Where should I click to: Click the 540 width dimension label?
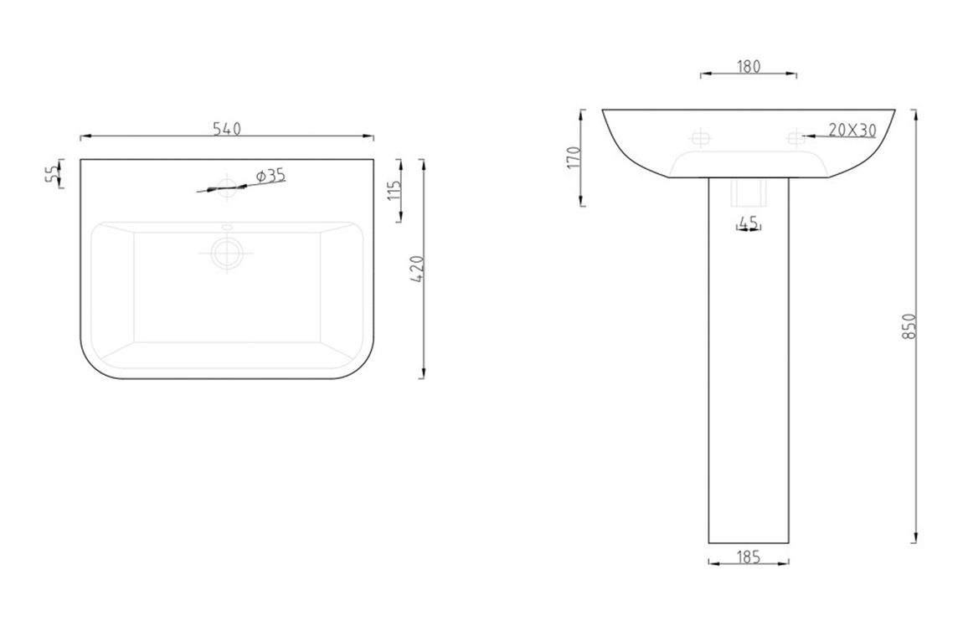coord(227,129)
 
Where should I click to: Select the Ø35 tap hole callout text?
coord(271,176)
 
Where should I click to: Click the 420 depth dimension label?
coord(417,269)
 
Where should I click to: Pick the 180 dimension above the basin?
coord(749,66)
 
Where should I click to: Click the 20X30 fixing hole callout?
coord(852,131)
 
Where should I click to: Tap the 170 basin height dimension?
coord(573,157)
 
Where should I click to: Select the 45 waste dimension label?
coord(749,223)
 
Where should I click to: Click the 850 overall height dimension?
coord(908,326)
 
